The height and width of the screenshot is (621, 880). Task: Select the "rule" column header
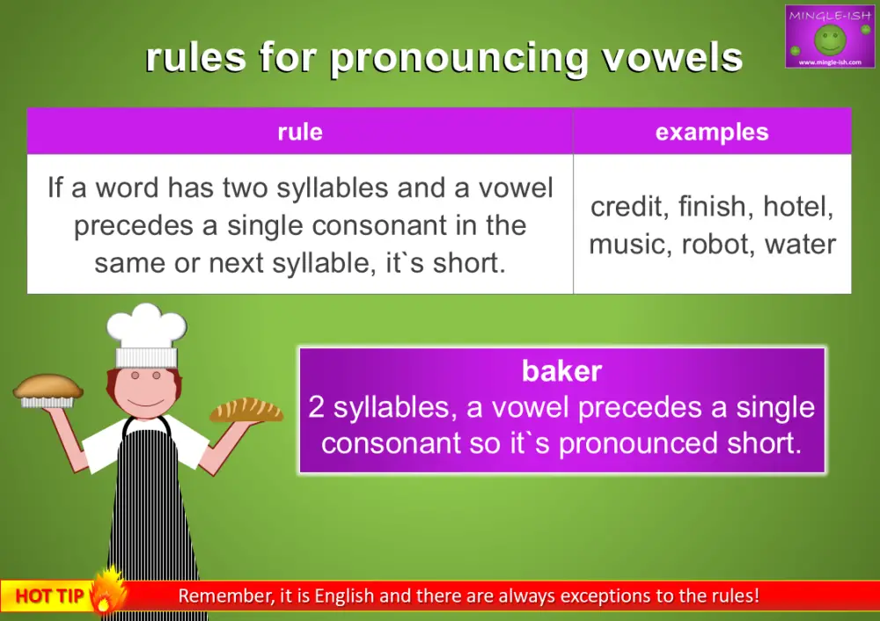299,132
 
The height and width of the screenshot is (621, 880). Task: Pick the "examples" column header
711,132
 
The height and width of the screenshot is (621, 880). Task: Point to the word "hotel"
797,207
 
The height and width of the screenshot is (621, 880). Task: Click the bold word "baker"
561,370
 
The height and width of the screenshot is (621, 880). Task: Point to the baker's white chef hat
146,334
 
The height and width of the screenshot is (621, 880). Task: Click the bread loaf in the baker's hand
246,410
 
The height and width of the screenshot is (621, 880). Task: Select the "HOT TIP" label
48,596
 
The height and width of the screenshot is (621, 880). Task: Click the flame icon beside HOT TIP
107,590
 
